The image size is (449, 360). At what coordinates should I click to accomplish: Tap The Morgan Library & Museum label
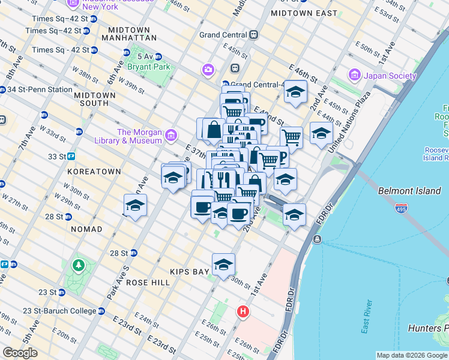[140, 136]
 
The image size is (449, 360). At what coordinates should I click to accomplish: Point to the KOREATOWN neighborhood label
[94, 171]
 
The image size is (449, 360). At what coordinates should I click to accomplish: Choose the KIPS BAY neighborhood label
[189, 271]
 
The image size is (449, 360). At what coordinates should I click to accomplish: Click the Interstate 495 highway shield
[402, 208]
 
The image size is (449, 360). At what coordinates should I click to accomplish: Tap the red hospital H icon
[243, 311]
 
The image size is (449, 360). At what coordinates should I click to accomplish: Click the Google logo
[20, 353]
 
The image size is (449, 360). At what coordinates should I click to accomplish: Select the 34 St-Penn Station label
[40, 89]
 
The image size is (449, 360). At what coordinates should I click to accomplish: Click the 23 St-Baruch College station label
[59, 311]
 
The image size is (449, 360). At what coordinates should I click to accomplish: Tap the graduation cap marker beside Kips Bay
[223, 264]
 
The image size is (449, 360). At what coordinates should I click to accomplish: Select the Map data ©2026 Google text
[411, 355]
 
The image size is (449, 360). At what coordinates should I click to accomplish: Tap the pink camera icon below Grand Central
[208, 70]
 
